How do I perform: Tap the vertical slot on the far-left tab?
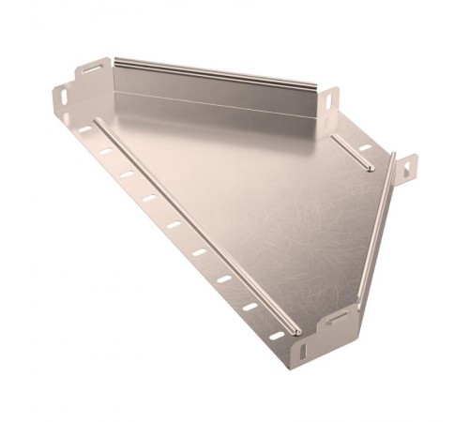point(61,97)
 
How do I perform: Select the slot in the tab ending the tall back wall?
point(330,98)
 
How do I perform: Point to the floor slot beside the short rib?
point(365,148)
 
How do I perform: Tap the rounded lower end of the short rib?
point(370,170)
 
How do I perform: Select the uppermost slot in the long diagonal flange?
point(84,129)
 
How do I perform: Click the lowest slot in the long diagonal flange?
point(277,335)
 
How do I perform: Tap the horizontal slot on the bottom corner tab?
point(336,320)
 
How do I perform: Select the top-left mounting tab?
point(92,68)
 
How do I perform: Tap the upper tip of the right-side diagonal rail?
point(393,155)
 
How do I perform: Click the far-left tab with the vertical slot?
point(61,96)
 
